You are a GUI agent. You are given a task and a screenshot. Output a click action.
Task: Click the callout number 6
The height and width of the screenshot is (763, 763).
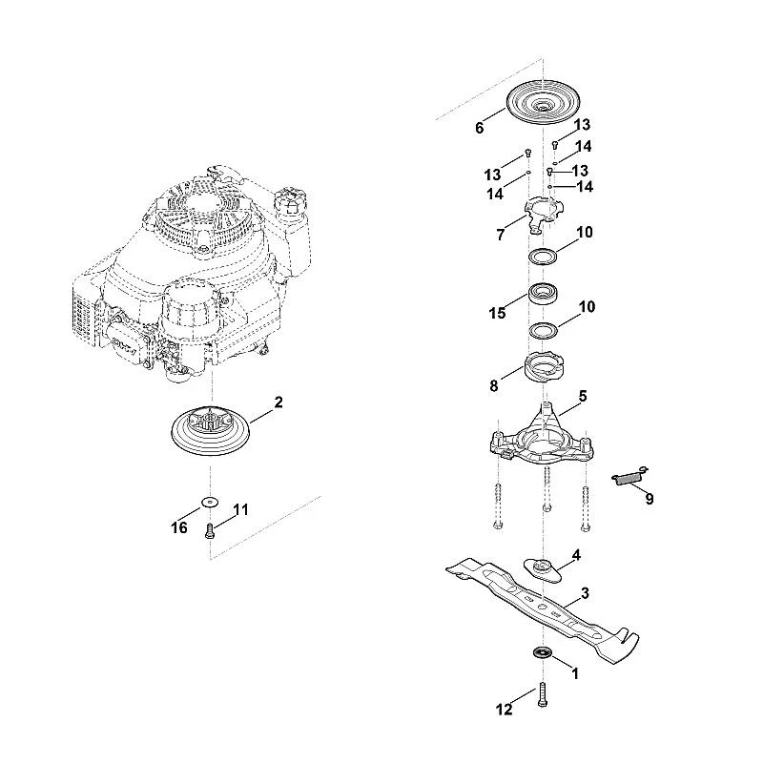[480, 128]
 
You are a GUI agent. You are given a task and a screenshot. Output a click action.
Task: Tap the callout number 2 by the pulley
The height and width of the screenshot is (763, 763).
[278, 402]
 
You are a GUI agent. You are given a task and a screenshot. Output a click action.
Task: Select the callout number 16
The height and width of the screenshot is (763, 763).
[179, 527]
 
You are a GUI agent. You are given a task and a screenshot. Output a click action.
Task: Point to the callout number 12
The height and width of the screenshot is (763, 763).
[505, 710]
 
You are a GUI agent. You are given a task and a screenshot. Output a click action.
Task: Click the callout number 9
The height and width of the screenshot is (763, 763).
[650, 499]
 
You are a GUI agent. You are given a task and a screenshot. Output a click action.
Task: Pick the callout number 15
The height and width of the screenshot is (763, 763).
[497, 313]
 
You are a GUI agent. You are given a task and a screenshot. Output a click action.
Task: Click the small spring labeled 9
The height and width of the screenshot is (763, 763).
[630, 475]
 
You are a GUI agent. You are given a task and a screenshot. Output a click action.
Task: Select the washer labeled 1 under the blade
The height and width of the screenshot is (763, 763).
[541, 652]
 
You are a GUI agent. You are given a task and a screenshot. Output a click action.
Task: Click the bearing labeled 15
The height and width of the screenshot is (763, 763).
[543, 294]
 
